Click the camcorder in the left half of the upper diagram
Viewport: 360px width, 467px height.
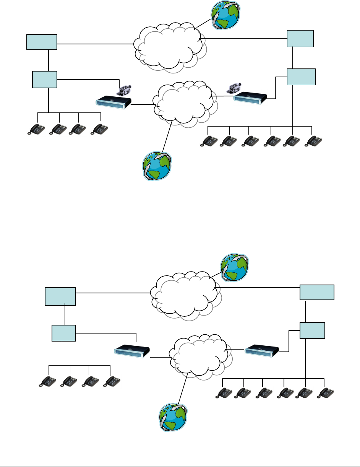(x=125, y=89)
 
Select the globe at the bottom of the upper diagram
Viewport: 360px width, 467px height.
(x=157, y=166)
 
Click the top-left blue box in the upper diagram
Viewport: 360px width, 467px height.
(x=41, y=42)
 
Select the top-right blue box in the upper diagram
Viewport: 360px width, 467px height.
(x=300, y=38)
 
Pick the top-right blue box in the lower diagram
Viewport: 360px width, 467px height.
(x=317, y=292)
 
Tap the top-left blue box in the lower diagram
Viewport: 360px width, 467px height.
(x=60, y=297)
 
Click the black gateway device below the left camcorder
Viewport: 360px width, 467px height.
(x=113, y=102)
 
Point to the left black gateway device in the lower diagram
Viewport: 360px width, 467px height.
(x=132, y=351)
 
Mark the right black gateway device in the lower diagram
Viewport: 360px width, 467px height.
(x=263, y=349)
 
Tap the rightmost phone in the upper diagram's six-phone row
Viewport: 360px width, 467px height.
(x=314, y=141)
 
